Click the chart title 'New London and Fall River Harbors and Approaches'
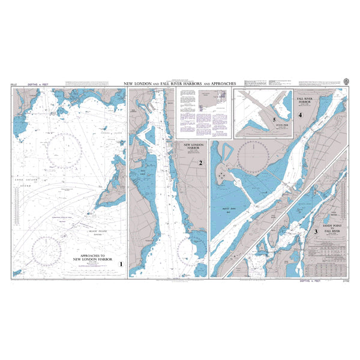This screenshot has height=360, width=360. point(179,83)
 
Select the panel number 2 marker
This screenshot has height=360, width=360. point(201,163)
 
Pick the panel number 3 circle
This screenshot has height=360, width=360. point(316,231)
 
